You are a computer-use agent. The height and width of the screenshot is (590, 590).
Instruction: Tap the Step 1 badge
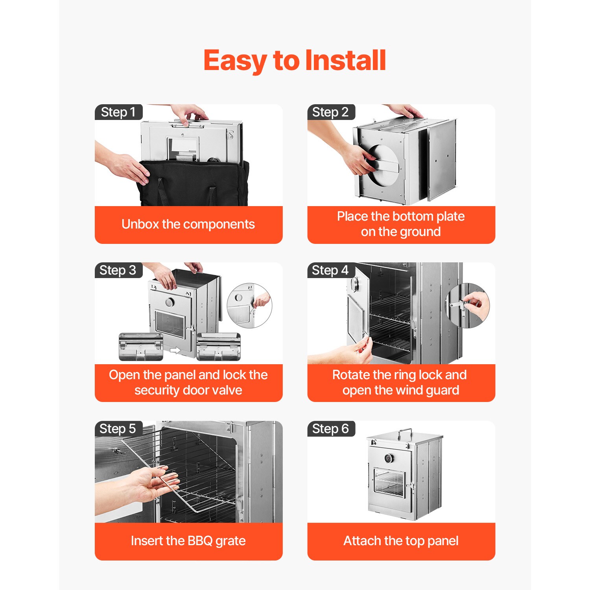tap(118, 112)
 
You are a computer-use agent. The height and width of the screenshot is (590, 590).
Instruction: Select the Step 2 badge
tap(331, 112)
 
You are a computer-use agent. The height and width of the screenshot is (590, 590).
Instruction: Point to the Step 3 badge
tap(118, 270)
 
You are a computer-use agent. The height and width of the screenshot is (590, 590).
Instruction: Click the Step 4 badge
tap(330, 270)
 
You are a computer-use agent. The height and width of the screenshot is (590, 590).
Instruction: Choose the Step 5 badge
tap(118, 428)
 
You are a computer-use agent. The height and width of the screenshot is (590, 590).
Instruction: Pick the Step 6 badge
tap(331, 428)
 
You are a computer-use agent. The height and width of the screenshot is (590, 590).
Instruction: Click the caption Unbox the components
tap(188, 224)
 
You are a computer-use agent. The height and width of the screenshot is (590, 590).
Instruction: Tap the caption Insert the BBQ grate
tap(188, 541)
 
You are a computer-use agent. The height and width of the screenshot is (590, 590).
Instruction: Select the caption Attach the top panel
tap(401, 541)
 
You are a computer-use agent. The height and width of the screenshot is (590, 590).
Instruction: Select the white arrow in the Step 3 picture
tap(175, 350)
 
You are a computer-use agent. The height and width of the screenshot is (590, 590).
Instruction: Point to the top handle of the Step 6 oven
tap(405, 433)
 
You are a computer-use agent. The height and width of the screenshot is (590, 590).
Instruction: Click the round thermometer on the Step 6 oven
tap(388, 458)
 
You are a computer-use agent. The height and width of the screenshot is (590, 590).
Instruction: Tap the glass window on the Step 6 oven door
tap(389, 482)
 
